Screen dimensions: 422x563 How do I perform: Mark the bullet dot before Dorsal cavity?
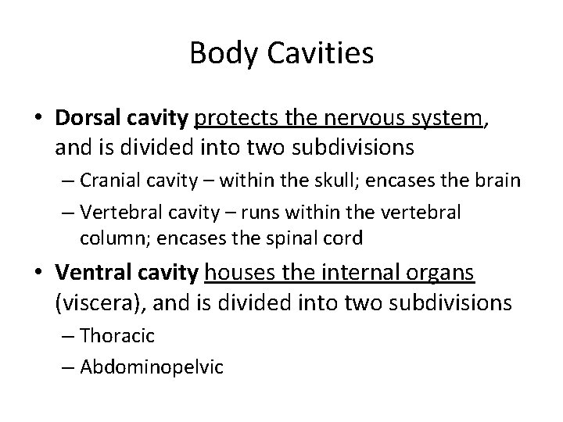click(x=40, y=120)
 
